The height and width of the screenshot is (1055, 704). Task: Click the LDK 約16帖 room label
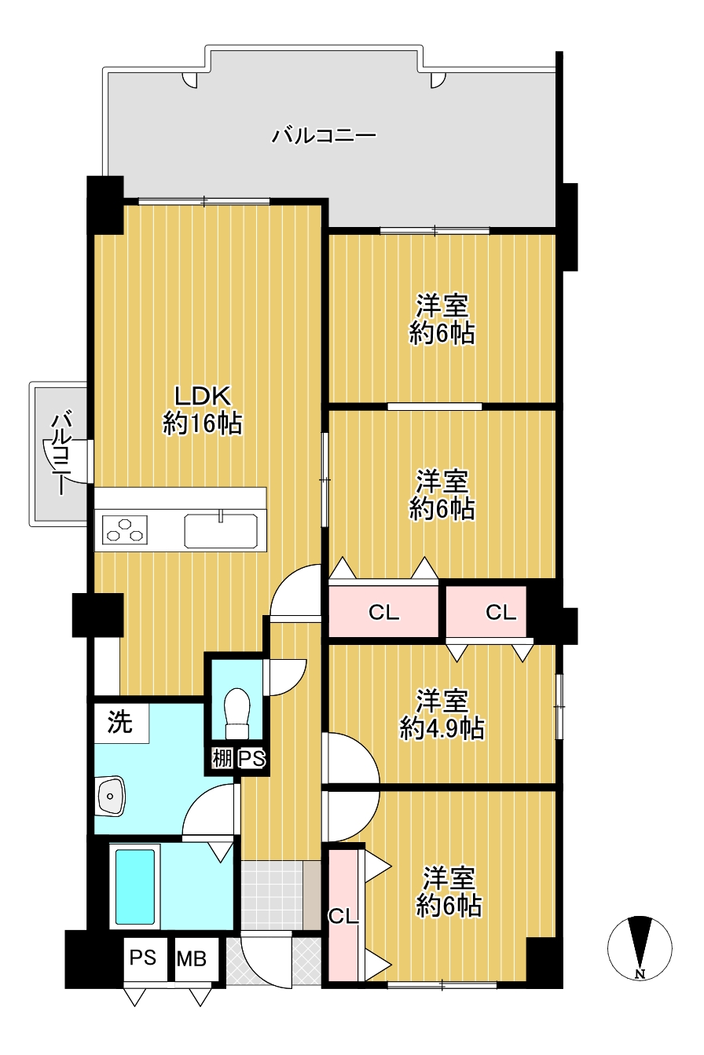tap(203, 409)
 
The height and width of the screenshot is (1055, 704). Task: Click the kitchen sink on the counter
tap(221, 531)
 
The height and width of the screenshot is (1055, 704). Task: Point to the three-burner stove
tap(125, 529)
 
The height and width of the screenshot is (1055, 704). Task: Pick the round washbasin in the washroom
tap(112, 796)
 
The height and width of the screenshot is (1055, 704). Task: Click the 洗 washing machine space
tap(121, 722)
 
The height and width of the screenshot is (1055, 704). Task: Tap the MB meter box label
tap(191, 958)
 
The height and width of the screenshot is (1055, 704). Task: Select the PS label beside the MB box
tap(143, 958)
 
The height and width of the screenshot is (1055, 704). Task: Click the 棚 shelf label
tap(222, 759)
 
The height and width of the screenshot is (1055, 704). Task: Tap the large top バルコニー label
tap(324, 136)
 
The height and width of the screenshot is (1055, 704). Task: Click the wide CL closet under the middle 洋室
tap(383, 611)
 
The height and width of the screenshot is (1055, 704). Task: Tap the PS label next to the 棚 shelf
tap(251, 759)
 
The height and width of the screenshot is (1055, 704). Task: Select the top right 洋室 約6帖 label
tap(442, 319)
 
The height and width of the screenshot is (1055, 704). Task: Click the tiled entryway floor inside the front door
tap(272, 896)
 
